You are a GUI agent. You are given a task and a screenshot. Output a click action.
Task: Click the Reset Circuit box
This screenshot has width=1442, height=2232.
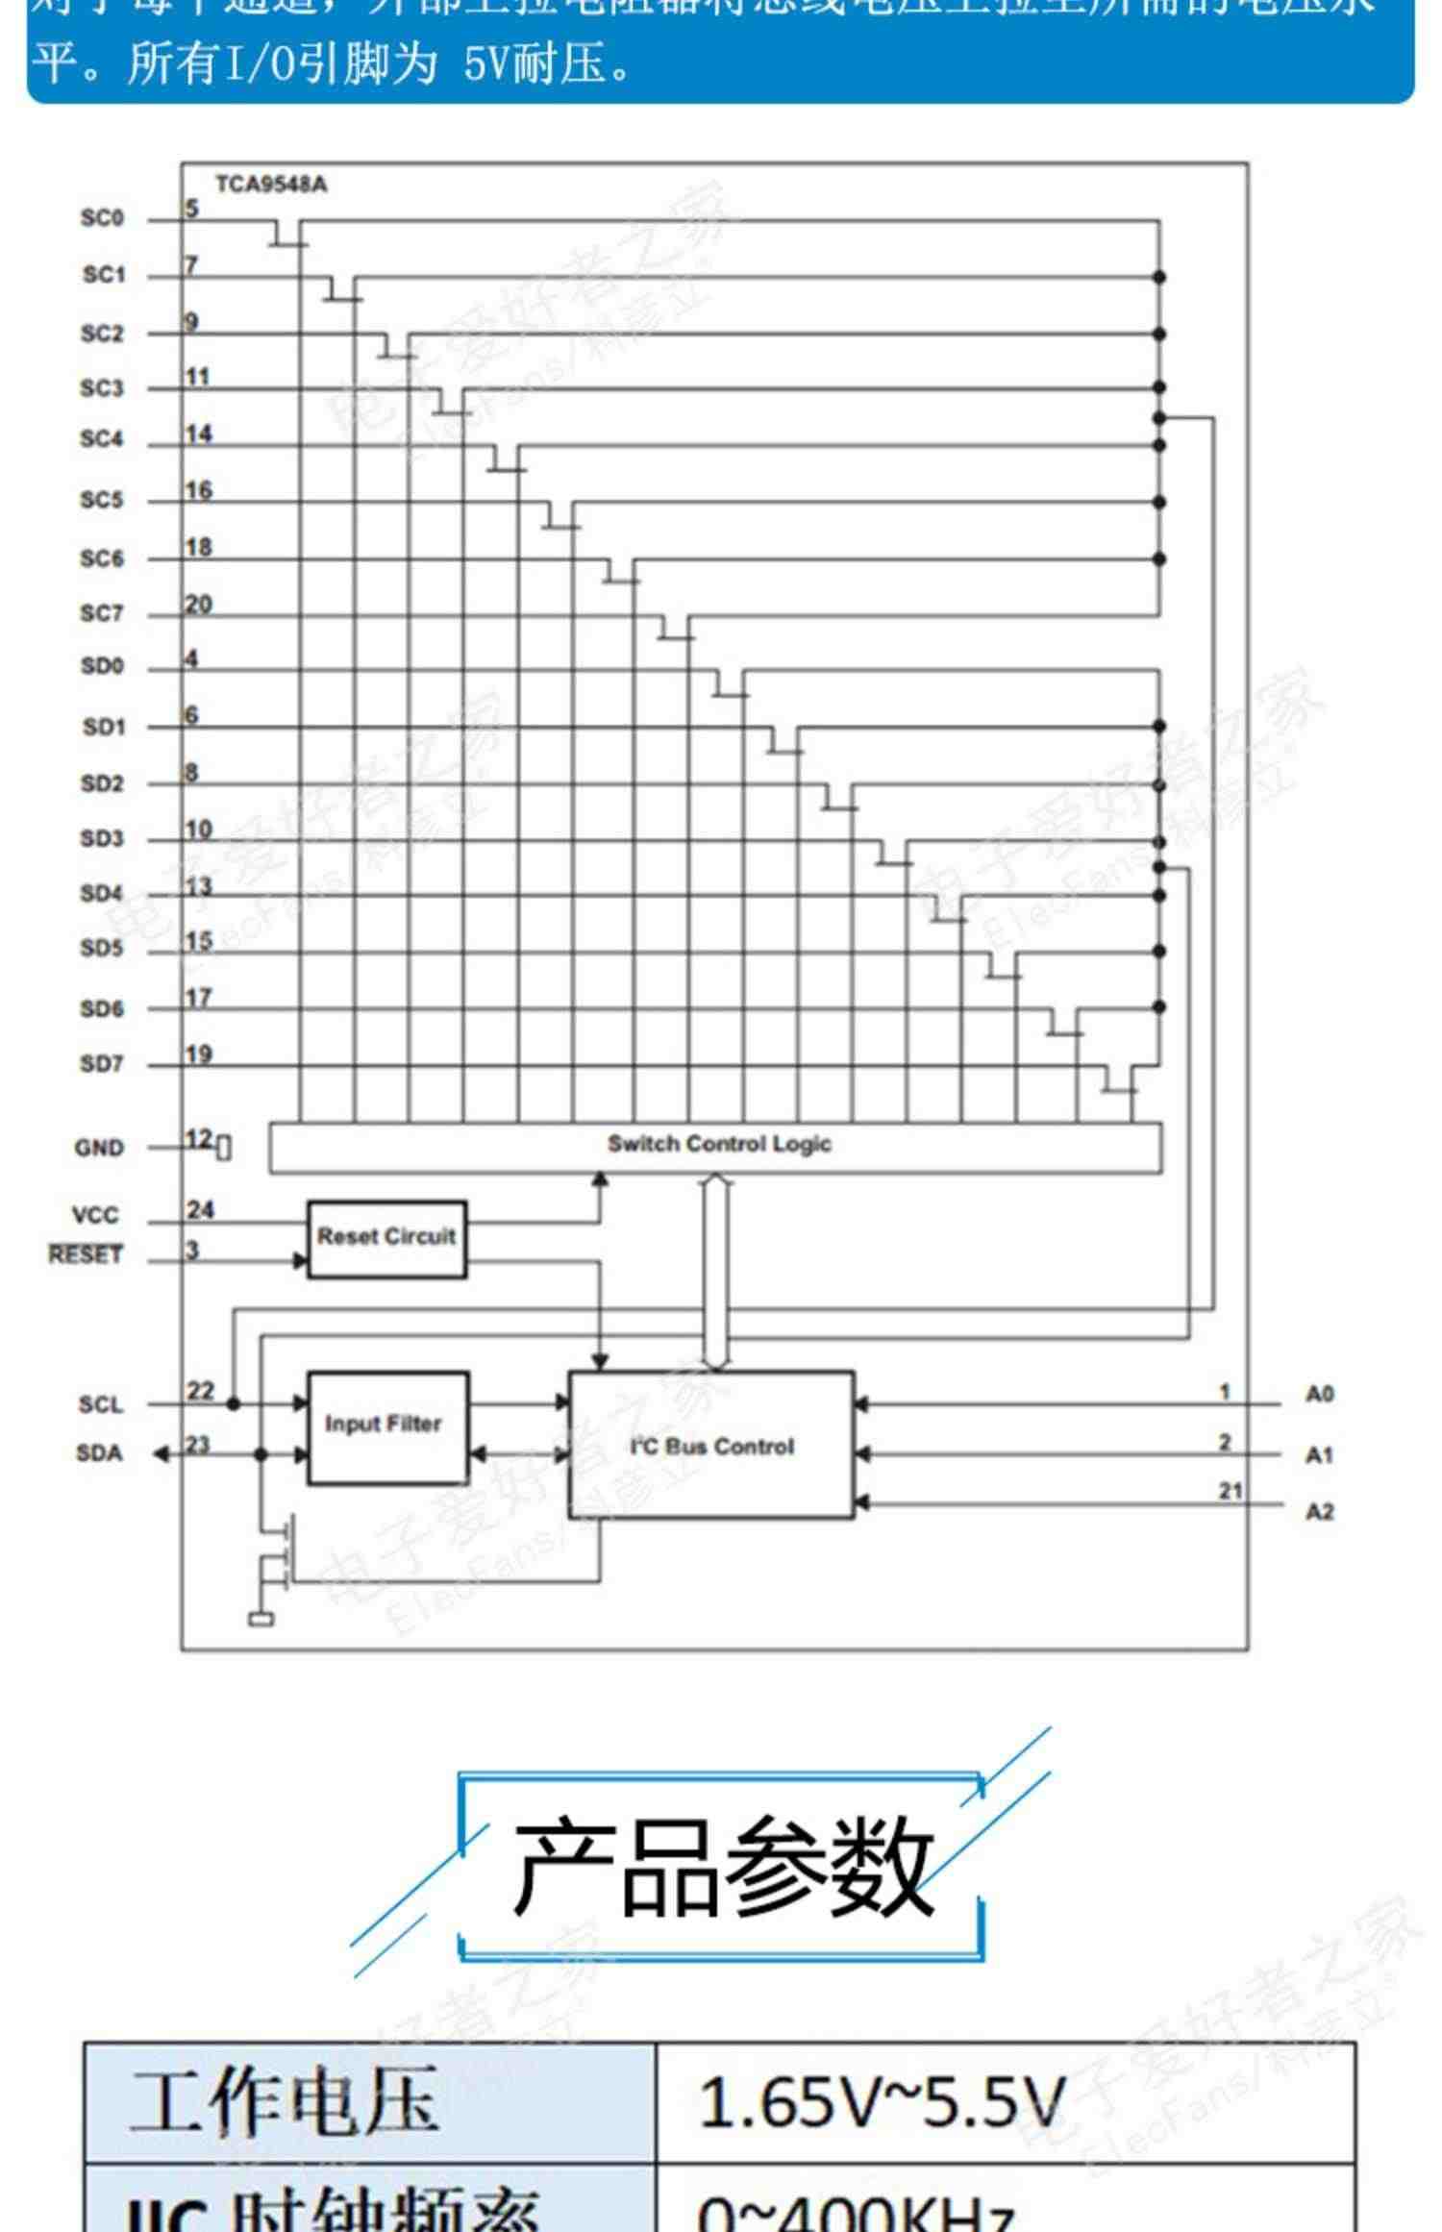pyautogui.click(x=386, y=1237)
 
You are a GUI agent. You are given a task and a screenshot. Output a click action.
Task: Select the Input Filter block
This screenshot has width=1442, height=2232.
pyautogui.click(x=386, y=1426)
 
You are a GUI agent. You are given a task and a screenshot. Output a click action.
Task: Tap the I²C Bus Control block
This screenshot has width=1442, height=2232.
pyautogui.click(x=711, y=1446)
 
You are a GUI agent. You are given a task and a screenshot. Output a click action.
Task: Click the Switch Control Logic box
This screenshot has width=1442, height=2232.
pyautogui.click(x=715, y=1146)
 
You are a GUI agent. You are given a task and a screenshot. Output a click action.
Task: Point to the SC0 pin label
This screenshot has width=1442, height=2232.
pyautogui.click(x=102, y=219)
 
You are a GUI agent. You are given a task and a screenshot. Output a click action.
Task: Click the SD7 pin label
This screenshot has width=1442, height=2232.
pyautogui.click(x=102, y=1065)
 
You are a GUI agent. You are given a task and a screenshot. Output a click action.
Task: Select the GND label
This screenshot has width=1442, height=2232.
pyautogui.click(x=99, y=1149)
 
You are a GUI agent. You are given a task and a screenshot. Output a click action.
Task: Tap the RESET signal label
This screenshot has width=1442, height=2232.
pyautogui.click(x=86, y=1255)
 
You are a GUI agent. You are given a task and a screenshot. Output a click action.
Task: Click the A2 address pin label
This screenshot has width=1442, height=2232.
pyautogui.click(x=1319, y=1513)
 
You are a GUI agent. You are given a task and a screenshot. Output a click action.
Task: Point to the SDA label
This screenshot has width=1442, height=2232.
pyautogui.click(x=99, y=1453)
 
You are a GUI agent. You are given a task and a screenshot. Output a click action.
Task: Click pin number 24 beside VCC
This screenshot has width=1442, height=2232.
pyautogui.click(x=200, y=1210)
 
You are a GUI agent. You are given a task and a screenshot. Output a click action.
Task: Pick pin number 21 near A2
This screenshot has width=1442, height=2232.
pyautogui.click(x=1231, y=1491)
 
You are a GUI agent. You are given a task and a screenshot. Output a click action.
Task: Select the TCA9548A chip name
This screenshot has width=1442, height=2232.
pyautogui.click(x=271, y=185)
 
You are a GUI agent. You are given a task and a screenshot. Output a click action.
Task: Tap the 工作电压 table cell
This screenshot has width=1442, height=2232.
pyautogui.click(x=284, y=2101)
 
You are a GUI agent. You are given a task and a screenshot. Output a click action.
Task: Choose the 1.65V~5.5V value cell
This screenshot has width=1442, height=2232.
pyautogui.click(x=882, y=2101)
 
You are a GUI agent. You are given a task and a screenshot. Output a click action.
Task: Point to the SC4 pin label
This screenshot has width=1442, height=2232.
pyautogui.click(x=102, y=440)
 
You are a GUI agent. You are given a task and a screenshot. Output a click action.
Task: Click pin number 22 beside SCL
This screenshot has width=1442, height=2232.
pyautogui.click(x=200, y=1391)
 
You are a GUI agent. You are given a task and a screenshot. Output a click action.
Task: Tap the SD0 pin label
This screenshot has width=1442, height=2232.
pyautogui.click(x=102, y=667)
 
